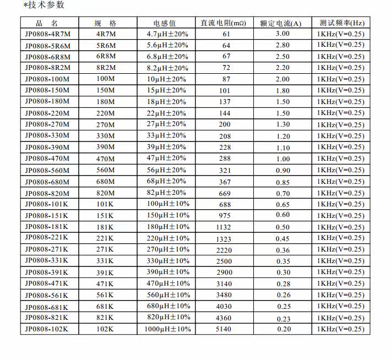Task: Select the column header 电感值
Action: point(165,23)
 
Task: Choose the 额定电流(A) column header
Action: point(283,23)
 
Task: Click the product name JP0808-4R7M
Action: point(48,34)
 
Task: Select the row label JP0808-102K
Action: point(47,329)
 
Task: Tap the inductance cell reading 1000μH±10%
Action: point(167,329)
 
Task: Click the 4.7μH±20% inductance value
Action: point(167,34)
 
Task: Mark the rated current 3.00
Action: point(283,34)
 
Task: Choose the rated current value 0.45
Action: point(283,238)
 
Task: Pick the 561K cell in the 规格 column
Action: point(105,295)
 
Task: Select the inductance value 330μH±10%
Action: point(167,261)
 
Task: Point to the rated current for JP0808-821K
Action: point(283,318)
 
